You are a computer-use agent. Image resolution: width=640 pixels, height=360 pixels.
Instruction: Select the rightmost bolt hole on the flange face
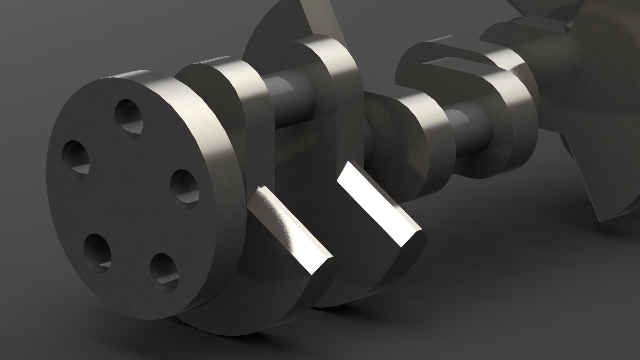click(x=184, y=189)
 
